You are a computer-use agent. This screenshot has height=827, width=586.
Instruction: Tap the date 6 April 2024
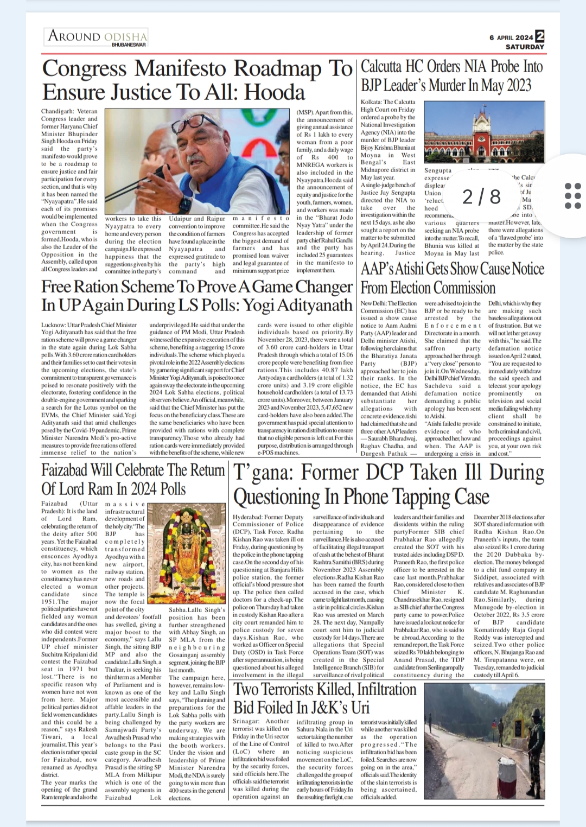tap(511, 37)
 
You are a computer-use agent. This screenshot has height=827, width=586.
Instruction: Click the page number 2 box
tap(540, 36)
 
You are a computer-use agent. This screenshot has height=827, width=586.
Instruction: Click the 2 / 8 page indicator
tap(481, 196)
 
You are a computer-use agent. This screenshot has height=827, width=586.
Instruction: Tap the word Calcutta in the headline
tap(381, 67)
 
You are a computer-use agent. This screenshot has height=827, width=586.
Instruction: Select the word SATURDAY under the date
tap(524, 47)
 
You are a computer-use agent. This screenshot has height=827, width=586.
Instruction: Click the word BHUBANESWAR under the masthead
tap(129, 44)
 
